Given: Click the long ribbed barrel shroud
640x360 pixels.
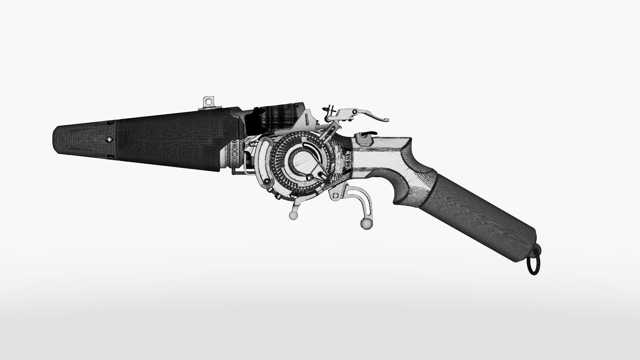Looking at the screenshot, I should point(173,140).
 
